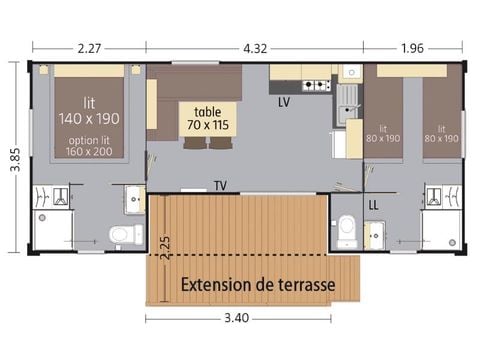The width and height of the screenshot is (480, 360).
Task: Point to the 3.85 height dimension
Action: (14, 157)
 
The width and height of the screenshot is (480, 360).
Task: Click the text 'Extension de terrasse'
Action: (257, 285)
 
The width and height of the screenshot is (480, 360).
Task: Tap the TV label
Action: (219, 185)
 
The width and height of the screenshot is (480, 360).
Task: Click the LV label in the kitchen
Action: (284, 103)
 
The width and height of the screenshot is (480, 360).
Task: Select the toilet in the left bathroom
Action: (120, 235)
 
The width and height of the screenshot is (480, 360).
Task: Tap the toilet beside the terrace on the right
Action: (347, 229)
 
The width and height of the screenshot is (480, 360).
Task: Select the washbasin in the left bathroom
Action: (135, 200)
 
